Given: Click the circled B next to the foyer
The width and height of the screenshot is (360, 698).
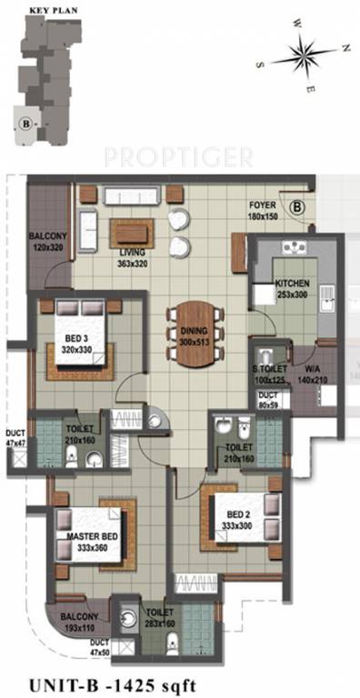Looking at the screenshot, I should click(297, 207).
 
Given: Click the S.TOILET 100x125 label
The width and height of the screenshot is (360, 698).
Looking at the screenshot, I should click(270, 374).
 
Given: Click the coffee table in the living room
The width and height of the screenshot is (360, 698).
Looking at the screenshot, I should click(133, 232).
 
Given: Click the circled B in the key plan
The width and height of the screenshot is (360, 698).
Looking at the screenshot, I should click(26, 119).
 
